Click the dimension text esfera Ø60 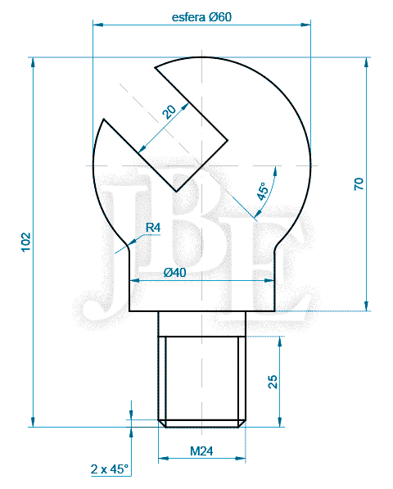202,17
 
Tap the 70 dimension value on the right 359,183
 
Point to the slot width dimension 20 169,112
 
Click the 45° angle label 262,192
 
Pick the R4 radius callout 153,228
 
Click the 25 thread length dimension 273,380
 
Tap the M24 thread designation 201,450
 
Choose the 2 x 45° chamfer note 110,469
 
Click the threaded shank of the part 202,377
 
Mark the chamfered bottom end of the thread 202,423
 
